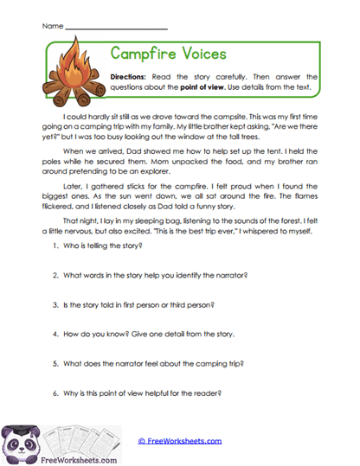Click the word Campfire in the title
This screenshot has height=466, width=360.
(x=148, y=54)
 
